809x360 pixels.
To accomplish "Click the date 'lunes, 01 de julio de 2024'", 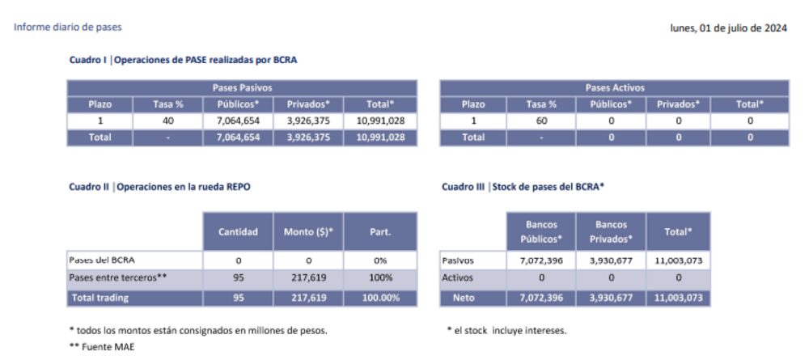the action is (728, 28).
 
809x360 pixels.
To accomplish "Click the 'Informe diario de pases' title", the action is (68, 28).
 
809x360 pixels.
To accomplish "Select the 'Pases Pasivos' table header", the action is (242, 87).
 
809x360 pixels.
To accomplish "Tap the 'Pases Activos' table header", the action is (615, 87).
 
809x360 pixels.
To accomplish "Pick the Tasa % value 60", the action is (542, 121).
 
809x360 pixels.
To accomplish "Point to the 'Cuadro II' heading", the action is (159, 187).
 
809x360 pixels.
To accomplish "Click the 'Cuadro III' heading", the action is (523, 187).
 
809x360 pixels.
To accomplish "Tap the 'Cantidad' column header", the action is (238, 232).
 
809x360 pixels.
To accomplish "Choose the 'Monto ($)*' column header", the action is (308, 232).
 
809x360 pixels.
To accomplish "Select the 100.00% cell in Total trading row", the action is (380, 297).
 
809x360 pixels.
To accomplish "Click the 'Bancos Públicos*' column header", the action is (541, 231).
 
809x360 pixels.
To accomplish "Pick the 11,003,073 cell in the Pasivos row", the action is (678, 260).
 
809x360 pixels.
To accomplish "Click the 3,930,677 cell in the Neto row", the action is (611, 297).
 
